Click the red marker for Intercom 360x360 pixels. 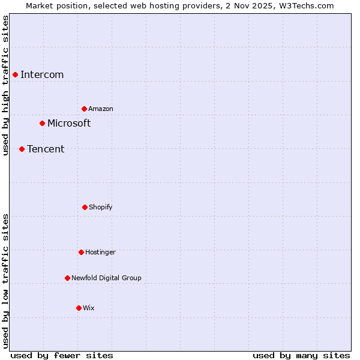(15, 74)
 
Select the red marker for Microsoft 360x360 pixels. (42, 123)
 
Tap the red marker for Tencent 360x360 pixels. (22, 149)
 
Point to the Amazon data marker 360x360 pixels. (84, 109)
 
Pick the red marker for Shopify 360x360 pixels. (85, 207)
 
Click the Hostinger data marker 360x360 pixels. (81, 252)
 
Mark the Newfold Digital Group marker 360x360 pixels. (67, 278)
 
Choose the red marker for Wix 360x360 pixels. (79, 308)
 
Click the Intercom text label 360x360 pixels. (42, 74)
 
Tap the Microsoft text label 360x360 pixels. (69, 123)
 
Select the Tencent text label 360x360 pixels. (46, 149)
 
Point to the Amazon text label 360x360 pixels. (101, 109)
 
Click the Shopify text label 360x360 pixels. (101, 207)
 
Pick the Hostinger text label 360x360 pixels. (100, 252)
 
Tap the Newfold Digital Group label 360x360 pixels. (106, 278)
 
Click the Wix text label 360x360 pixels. (89, 308)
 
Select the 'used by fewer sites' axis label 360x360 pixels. (62, 355)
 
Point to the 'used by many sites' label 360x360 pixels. (301, 355)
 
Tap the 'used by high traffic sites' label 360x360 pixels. (6, 85)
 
